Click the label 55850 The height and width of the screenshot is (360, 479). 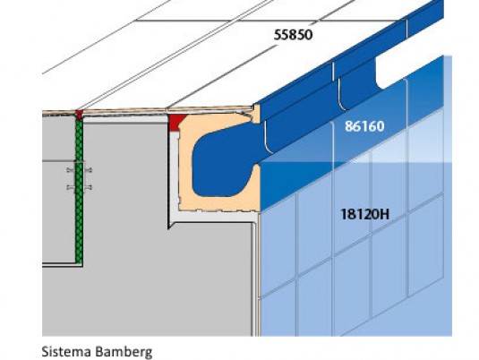point(293,35)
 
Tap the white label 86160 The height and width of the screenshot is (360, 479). point(364,126)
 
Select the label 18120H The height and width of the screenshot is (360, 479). point(364,214)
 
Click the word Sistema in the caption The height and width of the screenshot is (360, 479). point(66,351)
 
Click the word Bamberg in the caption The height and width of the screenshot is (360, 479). point(124,352)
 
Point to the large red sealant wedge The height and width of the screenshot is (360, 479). point(176,122)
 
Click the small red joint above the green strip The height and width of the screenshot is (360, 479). point(79,115)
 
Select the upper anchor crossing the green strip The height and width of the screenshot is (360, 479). point(79,170)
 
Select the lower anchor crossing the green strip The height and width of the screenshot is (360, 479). point(79,187)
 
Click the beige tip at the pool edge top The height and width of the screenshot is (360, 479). point(256,114)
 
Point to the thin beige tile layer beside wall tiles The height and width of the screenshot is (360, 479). point(259,275)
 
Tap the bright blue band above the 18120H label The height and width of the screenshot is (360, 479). point(351,153)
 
